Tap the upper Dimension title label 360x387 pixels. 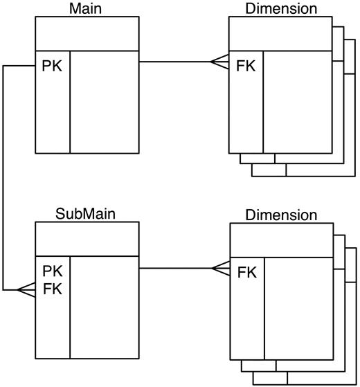[x=281, y=8]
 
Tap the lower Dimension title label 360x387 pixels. [x=281, y=215]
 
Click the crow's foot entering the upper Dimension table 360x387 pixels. [x=219, y=62]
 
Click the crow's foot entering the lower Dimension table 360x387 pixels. [x=219, y=268]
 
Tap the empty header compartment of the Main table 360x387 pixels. [x=87, y=33]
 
